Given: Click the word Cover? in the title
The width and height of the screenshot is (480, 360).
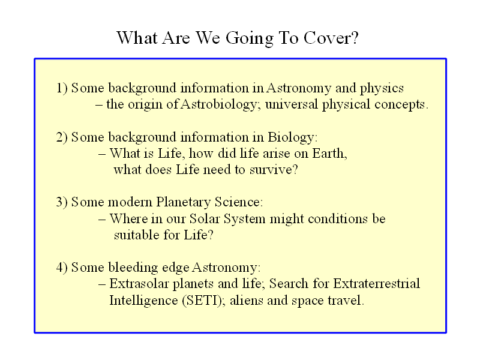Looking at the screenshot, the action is pyautogui.click(x=331, y=38).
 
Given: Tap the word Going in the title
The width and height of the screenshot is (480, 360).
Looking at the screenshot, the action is pyautogui.click(x=250, y=39).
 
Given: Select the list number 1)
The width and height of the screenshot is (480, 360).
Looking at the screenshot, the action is pyautogui.click(x=62, y=88).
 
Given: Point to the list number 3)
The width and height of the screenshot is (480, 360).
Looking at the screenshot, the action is pyautogui.click(x=62, y=202).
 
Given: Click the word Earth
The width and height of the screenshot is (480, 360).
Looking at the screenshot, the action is pyautogui.click(x=328, y=154).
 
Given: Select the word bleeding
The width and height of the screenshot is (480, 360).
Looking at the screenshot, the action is pyautogui.click(x=133, y=268).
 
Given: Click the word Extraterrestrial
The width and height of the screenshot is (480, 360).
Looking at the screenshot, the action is pyautogui.click(x=377, y=284).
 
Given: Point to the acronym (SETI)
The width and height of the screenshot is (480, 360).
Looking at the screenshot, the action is pyautogui.click(x=202, y=301).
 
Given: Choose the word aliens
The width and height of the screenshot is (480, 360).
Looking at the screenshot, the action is pyautogui.click(x=247, y=301).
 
